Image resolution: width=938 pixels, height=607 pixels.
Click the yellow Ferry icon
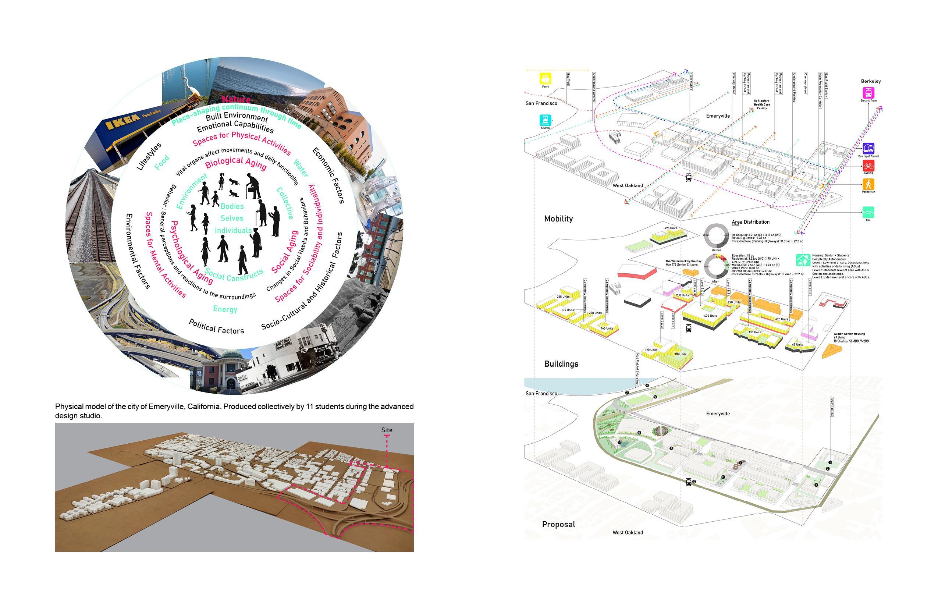(545, 78)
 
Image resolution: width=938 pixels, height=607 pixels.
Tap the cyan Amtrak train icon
(545, 120)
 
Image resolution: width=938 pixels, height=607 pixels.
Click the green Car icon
(868, 213)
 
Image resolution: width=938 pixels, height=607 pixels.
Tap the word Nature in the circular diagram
(236, 99)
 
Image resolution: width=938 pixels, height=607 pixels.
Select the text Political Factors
(216, 327)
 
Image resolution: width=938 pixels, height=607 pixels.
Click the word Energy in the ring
(225, 309)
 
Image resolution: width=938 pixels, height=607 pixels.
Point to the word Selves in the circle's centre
(232, 218)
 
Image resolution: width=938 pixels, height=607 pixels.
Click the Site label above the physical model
(387, 430)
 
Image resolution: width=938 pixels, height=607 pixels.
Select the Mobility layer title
(558, 219)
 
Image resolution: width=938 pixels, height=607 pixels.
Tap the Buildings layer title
(561, 364)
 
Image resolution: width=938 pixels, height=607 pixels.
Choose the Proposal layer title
(558, 524)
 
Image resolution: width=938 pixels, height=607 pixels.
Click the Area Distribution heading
(750, 222)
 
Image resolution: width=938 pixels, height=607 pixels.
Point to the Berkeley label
(871, 81)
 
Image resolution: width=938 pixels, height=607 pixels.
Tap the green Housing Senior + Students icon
(802, 260)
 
